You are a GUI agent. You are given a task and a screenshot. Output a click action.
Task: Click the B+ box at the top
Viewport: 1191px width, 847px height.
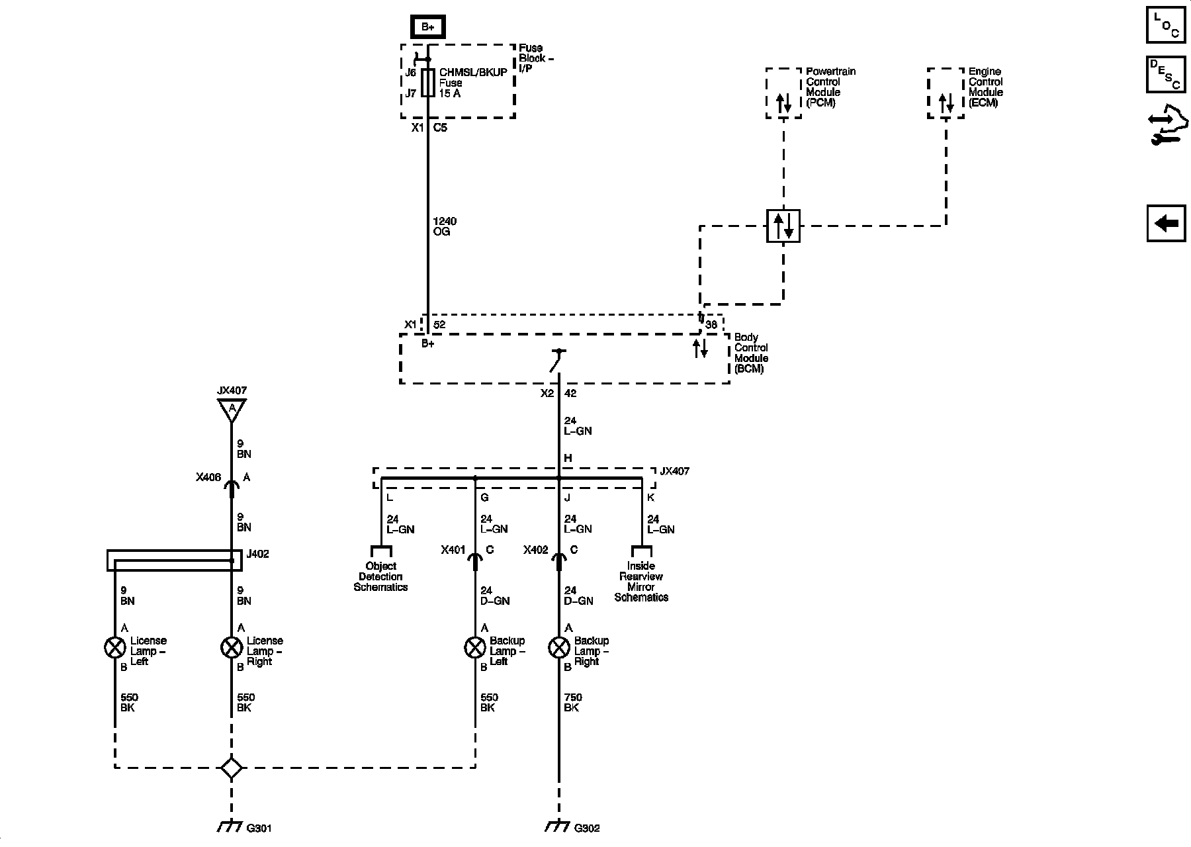(427, 27)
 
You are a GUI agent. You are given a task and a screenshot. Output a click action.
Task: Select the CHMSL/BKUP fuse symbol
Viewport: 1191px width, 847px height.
(428, 83)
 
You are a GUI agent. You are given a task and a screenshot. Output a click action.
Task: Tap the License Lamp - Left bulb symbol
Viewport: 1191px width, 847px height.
(115, 648)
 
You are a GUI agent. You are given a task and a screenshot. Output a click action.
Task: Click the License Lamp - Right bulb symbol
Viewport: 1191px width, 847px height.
(232, 648)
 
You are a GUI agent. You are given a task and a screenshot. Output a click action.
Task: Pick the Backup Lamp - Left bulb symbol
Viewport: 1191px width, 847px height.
(475, 648)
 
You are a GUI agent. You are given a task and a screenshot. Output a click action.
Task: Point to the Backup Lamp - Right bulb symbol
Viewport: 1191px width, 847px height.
(559, 648)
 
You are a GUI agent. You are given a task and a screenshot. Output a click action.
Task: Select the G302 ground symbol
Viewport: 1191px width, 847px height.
(558, 826)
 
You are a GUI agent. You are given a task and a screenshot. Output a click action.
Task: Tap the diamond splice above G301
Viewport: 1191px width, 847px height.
(232, 768)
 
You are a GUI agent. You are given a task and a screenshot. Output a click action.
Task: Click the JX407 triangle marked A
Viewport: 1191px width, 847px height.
(232, 410)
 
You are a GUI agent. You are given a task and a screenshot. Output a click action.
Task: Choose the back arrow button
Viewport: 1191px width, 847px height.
(1166, 223)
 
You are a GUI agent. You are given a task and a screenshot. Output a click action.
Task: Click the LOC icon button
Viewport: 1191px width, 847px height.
(1166, 25)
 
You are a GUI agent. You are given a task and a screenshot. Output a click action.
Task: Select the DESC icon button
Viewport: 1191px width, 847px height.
(1166, 74)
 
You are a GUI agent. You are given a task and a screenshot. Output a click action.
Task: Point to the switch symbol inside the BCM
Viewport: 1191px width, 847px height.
(557, 361)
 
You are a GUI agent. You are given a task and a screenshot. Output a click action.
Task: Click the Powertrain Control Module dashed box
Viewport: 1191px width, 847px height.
(783, 93)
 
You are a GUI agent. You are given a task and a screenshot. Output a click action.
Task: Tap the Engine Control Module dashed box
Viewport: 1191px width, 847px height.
(946, 93)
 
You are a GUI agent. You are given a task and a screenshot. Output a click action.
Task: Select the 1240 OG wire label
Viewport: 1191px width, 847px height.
(444, 226)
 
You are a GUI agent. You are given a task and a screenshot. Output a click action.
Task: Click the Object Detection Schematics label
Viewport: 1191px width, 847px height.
(380, 576)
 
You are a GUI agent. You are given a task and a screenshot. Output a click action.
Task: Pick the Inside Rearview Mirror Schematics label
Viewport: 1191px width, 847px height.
(641, 582)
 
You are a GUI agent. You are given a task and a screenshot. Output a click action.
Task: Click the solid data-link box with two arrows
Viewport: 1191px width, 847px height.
(783, 226)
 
